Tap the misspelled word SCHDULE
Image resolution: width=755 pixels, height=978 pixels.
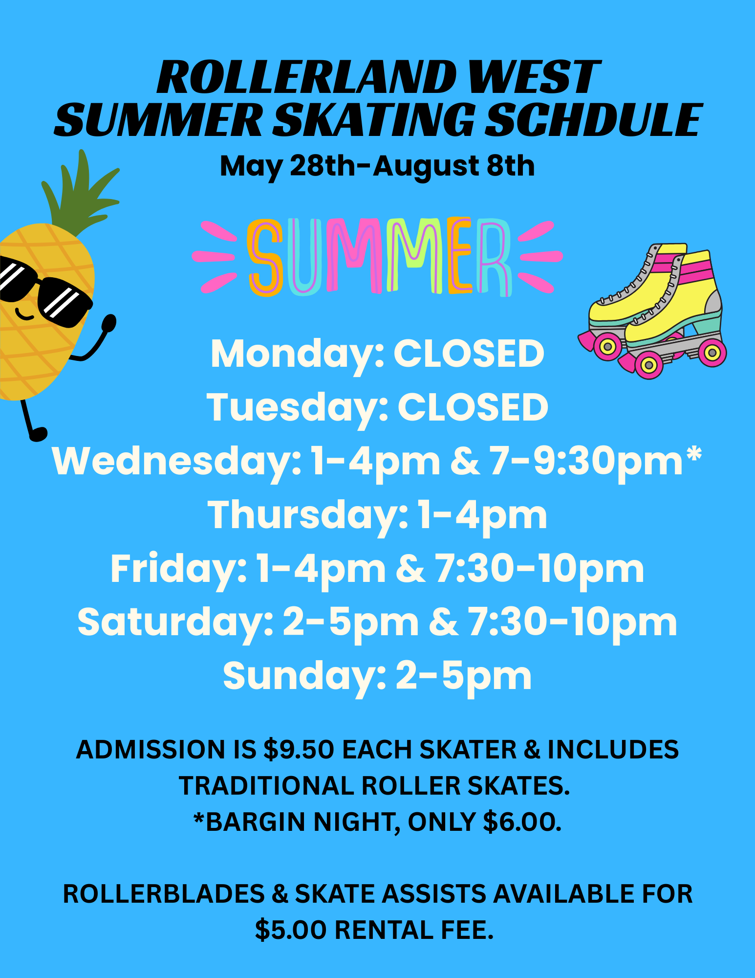click(593, 120)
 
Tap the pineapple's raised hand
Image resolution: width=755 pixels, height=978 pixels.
click(109, 323)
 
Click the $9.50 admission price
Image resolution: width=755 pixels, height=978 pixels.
click(298, 750)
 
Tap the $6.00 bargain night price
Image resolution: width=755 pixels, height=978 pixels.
click(521, 822)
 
